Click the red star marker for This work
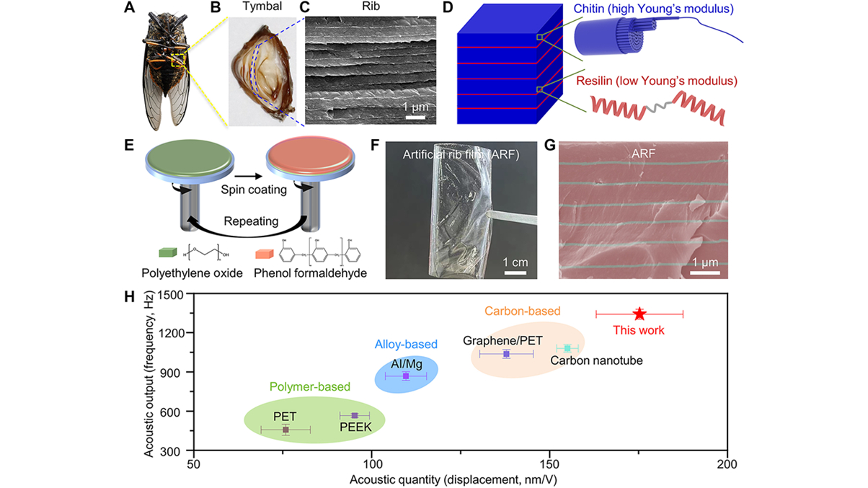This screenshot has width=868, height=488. pos(639,314)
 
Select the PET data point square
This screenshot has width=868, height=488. pos(285,430)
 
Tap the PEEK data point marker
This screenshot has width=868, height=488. pos(354,415)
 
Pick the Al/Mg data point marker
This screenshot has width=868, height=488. pos(406,376)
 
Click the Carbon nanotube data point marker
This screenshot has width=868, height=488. pos(567,348)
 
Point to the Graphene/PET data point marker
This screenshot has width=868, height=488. pos(506,354)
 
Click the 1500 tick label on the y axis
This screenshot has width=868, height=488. pos(172,294)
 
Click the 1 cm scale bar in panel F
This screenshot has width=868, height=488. pos(515,272)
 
